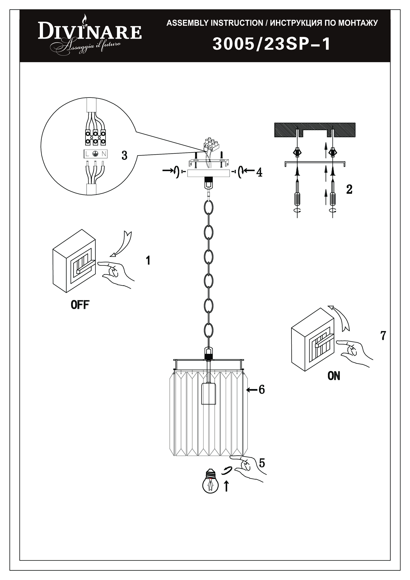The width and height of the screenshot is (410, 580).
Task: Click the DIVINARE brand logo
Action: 90,35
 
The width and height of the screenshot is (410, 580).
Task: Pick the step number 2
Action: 349,189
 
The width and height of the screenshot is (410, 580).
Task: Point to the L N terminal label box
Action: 96,154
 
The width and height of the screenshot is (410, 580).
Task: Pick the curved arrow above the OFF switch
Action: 122,244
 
